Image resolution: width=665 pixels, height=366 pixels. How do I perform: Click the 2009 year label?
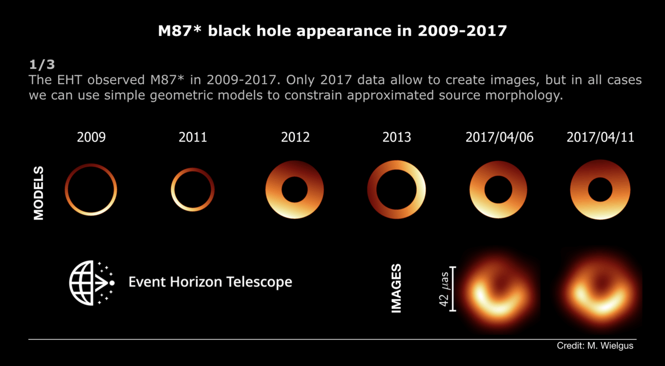(x=91, y=137)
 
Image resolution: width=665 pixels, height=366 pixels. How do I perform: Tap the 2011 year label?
(x=192, y=137)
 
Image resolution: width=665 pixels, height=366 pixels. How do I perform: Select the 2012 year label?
(x=295, y=137)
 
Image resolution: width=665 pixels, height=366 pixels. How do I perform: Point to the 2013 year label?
(x=396, y=137)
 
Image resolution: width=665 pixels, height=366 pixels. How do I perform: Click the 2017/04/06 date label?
(x=498, y=137)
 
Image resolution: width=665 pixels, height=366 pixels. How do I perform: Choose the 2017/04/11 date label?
(x=600, y=137)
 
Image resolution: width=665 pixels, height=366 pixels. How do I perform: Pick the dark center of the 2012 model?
(x=295, y=190)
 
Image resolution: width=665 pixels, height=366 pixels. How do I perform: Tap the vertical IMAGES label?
(x=396, y=288)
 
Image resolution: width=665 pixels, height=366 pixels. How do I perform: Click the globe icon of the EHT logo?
(x=83, y=282)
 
